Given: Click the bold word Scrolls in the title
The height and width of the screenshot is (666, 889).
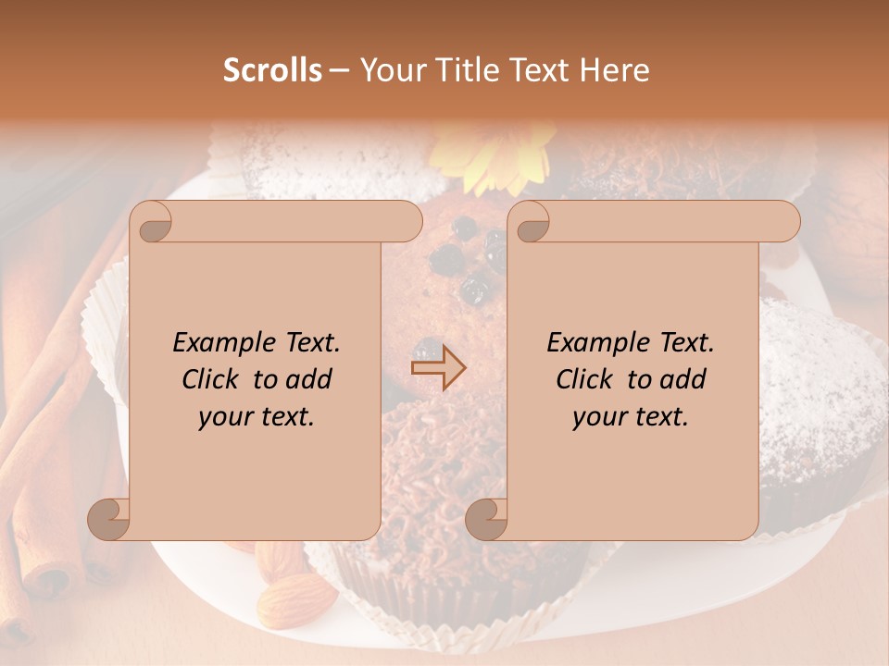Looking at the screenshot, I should point(272,70).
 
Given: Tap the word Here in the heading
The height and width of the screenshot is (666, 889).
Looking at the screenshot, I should point(614,70).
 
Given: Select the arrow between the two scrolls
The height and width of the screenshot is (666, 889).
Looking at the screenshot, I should point(438,367).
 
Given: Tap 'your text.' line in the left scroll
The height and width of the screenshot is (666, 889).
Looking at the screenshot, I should point(257,417).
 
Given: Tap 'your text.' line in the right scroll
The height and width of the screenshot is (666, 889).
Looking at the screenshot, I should point(631,417).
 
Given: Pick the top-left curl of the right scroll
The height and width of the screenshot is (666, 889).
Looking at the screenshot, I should point(530,222).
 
